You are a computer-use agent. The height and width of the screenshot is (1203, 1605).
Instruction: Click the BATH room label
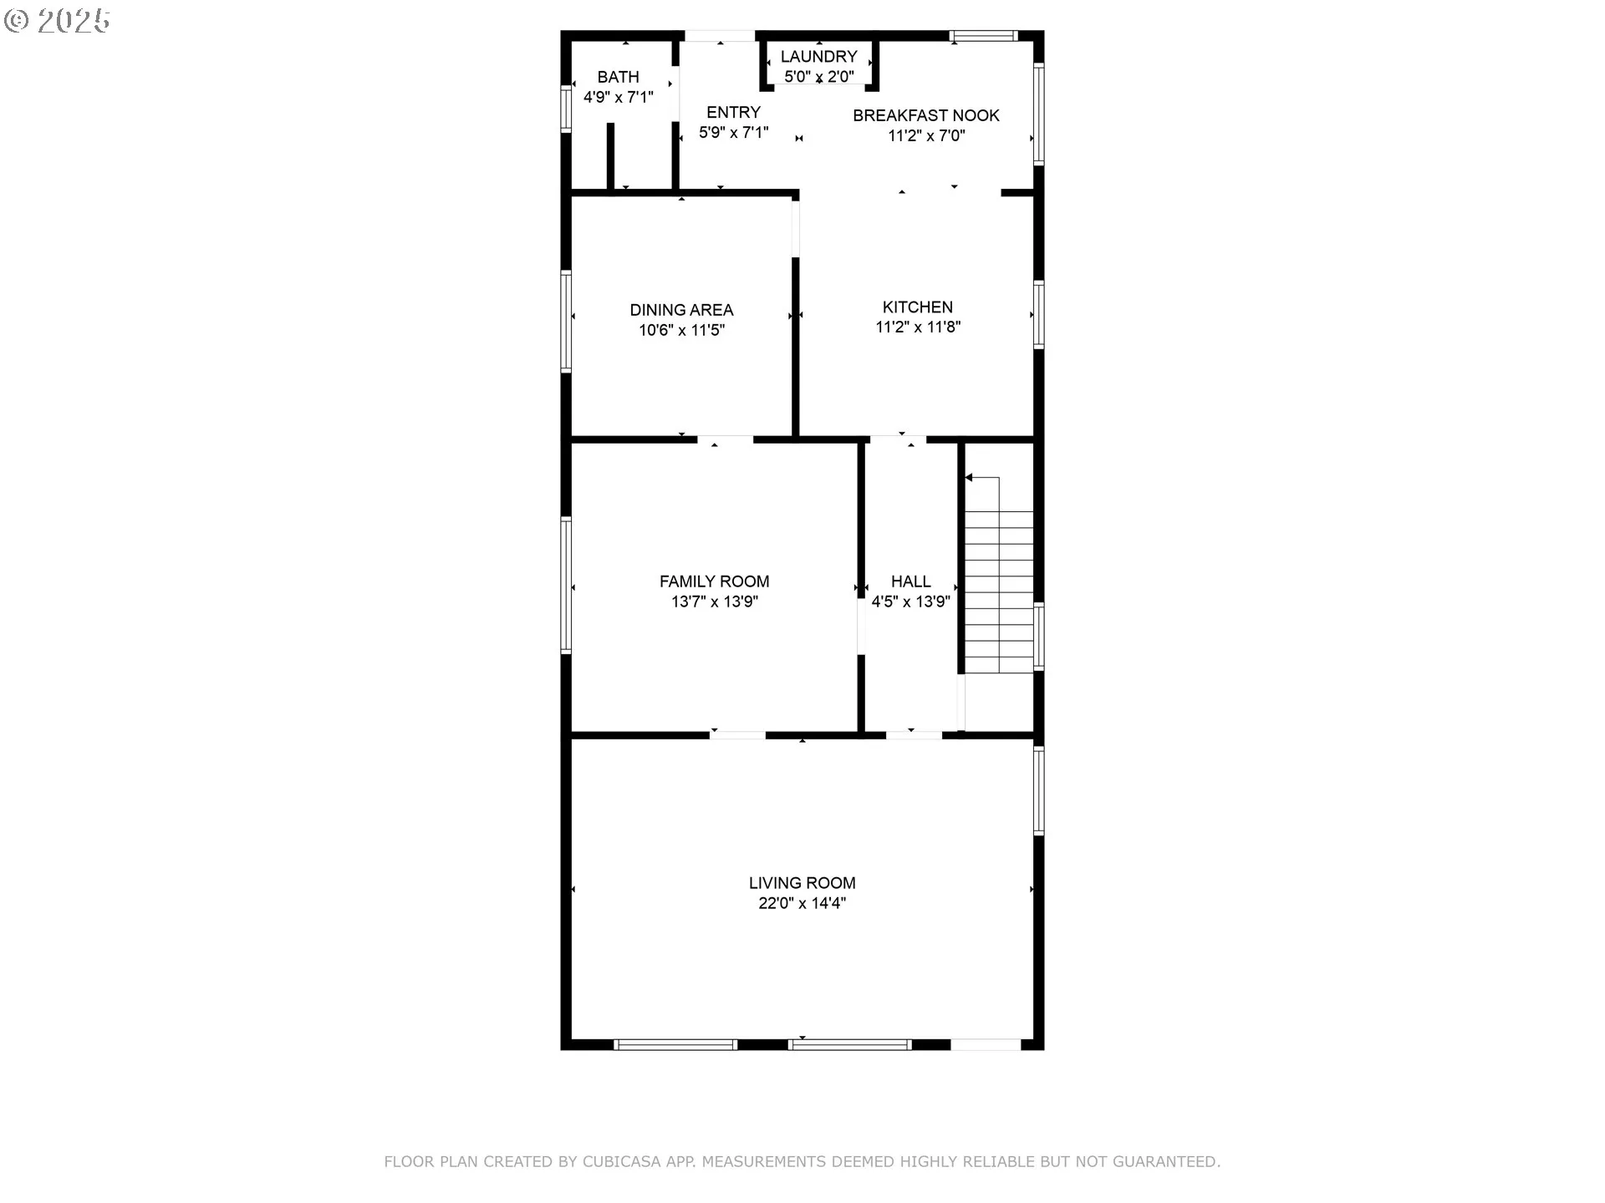619,77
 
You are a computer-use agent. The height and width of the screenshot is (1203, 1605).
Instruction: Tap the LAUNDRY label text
819,56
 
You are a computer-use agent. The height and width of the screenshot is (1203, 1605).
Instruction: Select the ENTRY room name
733,112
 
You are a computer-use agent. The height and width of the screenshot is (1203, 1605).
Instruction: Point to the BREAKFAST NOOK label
926,115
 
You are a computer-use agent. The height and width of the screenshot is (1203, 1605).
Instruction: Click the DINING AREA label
681,310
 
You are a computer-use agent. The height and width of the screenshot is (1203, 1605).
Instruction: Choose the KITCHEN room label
918,307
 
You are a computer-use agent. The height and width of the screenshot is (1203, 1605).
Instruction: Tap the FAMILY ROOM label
715,581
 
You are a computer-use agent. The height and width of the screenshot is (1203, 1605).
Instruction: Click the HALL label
911,581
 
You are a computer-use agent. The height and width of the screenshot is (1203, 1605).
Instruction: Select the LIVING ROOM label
802,883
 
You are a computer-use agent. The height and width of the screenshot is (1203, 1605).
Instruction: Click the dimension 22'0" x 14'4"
802,903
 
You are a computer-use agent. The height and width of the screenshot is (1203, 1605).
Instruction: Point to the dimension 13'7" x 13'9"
715,601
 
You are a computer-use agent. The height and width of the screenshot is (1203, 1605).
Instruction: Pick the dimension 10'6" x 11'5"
681,330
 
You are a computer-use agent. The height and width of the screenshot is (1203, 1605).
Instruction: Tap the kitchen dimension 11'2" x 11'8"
918,327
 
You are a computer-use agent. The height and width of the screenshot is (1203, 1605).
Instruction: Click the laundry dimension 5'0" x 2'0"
819,76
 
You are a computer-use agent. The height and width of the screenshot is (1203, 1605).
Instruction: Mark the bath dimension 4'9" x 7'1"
619,97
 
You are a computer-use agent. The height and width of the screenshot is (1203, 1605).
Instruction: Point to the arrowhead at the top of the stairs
969,478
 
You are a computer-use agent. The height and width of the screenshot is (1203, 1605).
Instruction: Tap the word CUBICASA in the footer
621,1161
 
